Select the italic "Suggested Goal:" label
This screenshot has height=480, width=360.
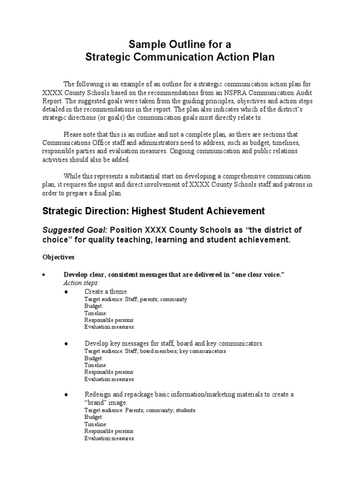point(75,230)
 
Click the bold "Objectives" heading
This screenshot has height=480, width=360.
point(58,257)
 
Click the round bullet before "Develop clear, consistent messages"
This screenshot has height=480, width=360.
point(44,275)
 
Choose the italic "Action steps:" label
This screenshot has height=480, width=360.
point(81,283)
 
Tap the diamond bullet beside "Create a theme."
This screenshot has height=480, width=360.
point(66,292)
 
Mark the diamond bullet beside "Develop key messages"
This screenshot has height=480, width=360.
point(66,344)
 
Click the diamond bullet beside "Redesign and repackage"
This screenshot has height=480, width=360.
point(66,395)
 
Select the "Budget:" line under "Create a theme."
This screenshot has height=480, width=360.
point(94,306)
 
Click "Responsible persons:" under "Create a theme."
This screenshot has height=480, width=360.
point(109,320)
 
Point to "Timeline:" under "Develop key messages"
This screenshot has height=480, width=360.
point(96,365)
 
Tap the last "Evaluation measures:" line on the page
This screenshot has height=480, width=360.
point(110,438)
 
